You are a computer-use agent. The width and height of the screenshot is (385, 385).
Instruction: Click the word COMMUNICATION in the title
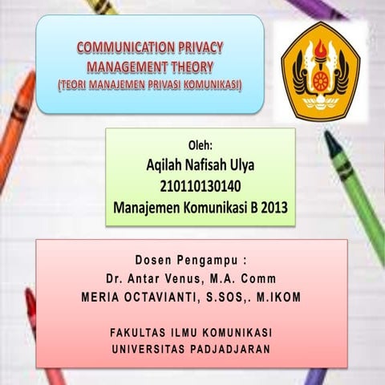click(x=123, y=48)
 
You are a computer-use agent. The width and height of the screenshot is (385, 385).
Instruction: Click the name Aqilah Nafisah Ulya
click(x=201, y=167)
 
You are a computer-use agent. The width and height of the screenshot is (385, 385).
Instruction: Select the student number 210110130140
click(x=201, y=187)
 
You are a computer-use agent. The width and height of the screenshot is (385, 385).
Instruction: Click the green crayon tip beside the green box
click(x=330, y=144)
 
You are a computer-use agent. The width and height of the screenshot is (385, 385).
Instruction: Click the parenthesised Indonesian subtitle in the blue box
click(x=149, y=83)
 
